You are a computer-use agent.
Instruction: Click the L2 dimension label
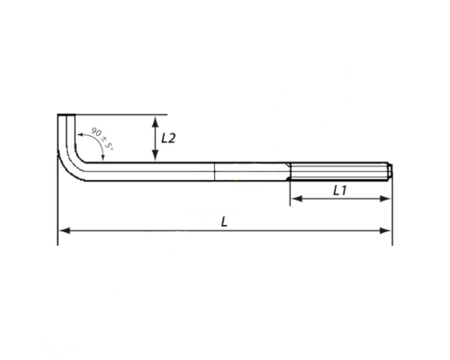168,139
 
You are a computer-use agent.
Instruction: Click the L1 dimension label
340,190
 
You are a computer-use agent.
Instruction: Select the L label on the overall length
224,222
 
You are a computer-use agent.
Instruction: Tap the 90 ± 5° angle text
102,139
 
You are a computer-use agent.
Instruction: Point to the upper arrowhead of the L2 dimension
155,121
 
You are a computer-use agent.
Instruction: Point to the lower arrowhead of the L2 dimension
155,156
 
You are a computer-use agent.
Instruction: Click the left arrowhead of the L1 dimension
296,198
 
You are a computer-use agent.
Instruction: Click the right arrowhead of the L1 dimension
385,198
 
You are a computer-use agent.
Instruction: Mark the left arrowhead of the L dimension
64,230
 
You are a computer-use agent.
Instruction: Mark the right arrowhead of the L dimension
385,230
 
